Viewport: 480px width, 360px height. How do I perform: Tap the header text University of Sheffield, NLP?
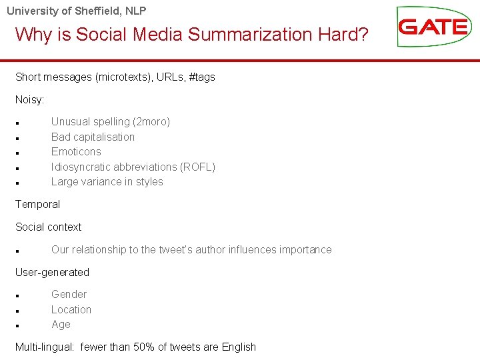tap(77, 11)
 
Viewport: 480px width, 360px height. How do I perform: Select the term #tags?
tap(202, 77)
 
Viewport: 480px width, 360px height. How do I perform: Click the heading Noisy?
tap(30, 99)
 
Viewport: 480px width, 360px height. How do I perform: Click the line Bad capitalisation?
tap(93, 137)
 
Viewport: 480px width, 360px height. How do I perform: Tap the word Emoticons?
tap(76, 152)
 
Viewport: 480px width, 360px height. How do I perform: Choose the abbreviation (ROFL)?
tap(197, 167)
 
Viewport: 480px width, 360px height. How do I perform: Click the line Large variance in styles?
tap(107, 182)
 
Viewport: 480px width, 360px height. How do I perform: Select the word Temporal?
tap(37, 205)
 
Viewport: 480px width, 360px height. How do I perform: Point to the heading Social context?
tap(48, 227)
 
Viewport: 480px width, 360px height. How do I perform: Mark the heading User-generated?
tap(52, 273)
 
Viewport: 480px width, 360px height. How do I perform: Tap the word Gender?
tap(69, 295)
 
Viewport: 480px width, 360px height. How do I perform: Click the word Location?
tap(71, 309)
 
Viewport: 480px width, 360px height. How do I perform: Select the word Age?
tap(61, 325)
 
